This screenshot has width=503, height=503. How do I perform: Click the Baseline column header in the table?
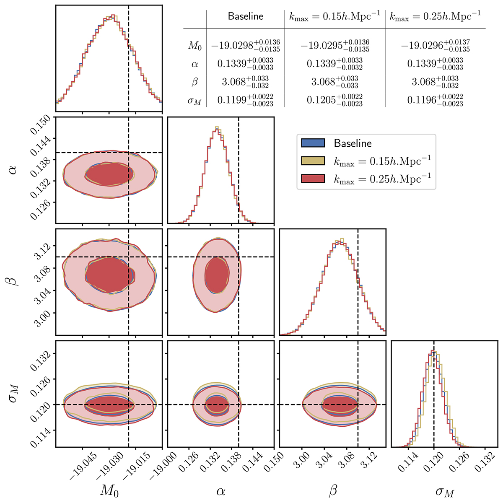point(245,16)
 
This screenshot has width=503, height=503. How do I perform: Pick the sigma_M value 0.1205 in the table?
point(334,99)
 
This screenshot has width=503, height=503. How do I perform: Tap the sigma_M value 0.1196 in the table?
point(435,99)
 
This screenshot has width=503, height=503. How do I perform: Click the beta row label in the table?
point(194,82)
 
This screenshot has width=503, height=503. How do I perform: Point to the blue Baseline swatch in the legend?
point(313,143)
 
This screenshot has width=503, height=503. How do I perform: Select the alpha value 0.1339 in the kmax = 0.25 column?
point(435,64)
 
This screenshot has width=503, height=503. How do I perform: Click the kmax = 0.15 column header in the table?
point(334,16)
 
